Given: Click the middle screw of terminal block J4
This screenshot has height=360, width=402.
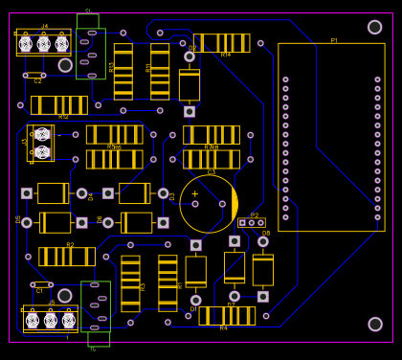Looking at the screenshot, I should pos(43,44).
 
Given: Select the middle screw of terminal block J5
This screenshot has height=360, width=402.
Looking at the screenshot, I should pos(51,320).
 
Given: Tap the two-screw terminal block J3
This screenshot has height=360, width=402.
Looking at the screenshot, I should pos(41,143).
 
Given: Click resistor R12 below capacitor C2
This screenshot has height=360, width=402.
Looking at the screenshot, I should pos(59,105).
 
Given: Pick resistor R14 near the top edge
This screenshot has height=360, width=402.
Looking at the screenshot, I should pos(221,43).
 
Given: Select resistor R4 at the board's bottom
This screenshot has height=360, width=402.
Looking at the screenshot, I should pos(227,315).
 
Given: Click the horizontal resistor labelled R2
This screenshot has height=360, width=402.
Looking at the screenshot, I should pos(67,257).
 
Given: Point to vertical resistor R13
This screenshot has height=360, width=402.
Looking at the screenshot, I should pos(123,71).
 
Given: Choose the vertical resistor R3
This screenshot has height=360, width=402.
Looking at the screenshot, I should pos(130,283).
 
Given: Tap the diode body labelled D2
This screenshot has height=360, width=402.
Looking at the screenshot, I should pos(190,84).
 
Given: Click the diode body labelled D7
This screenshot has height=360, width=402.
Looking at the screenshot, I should pos(234,267).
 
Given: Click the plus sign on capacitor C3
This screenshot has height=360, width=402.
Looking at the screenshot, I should pos(195,194).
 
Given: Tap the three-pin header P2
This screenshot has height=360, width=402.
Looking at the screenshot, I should pos(252,223).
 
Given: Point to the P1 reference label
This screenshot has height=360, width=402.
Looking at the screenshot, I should pos(334,41).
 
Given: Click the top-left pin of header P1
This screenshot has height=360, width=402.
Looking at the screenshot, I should pos(285,80).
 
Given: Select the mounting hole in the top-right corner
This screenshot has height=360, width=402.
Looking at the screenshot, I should pos(375,27).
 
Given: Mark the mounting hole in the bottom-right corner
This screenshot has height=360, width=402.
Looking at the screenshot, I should pos(375,324).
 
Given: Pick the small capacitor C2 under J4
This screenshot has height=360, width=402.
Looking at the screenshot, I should pos(34,75).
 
